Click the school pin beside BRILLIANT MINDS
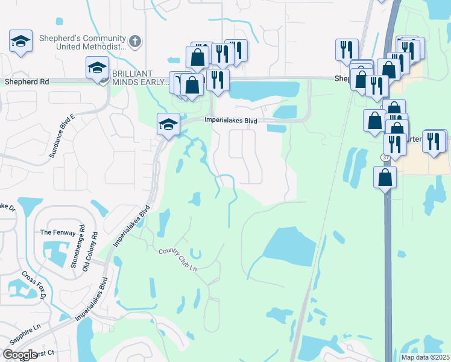click(x=97, y=69)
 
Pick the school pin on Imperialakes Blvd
click(x=168, y=125)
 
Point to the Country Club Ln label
click(x=178, y=260)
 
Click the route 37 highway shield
click(x=385, y=157)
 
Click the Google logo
click(x=20, y=355)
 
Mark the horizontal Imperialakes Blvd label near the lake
click(x=231, y=121)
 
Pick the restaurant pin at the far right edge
click(x=434, y=142)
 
